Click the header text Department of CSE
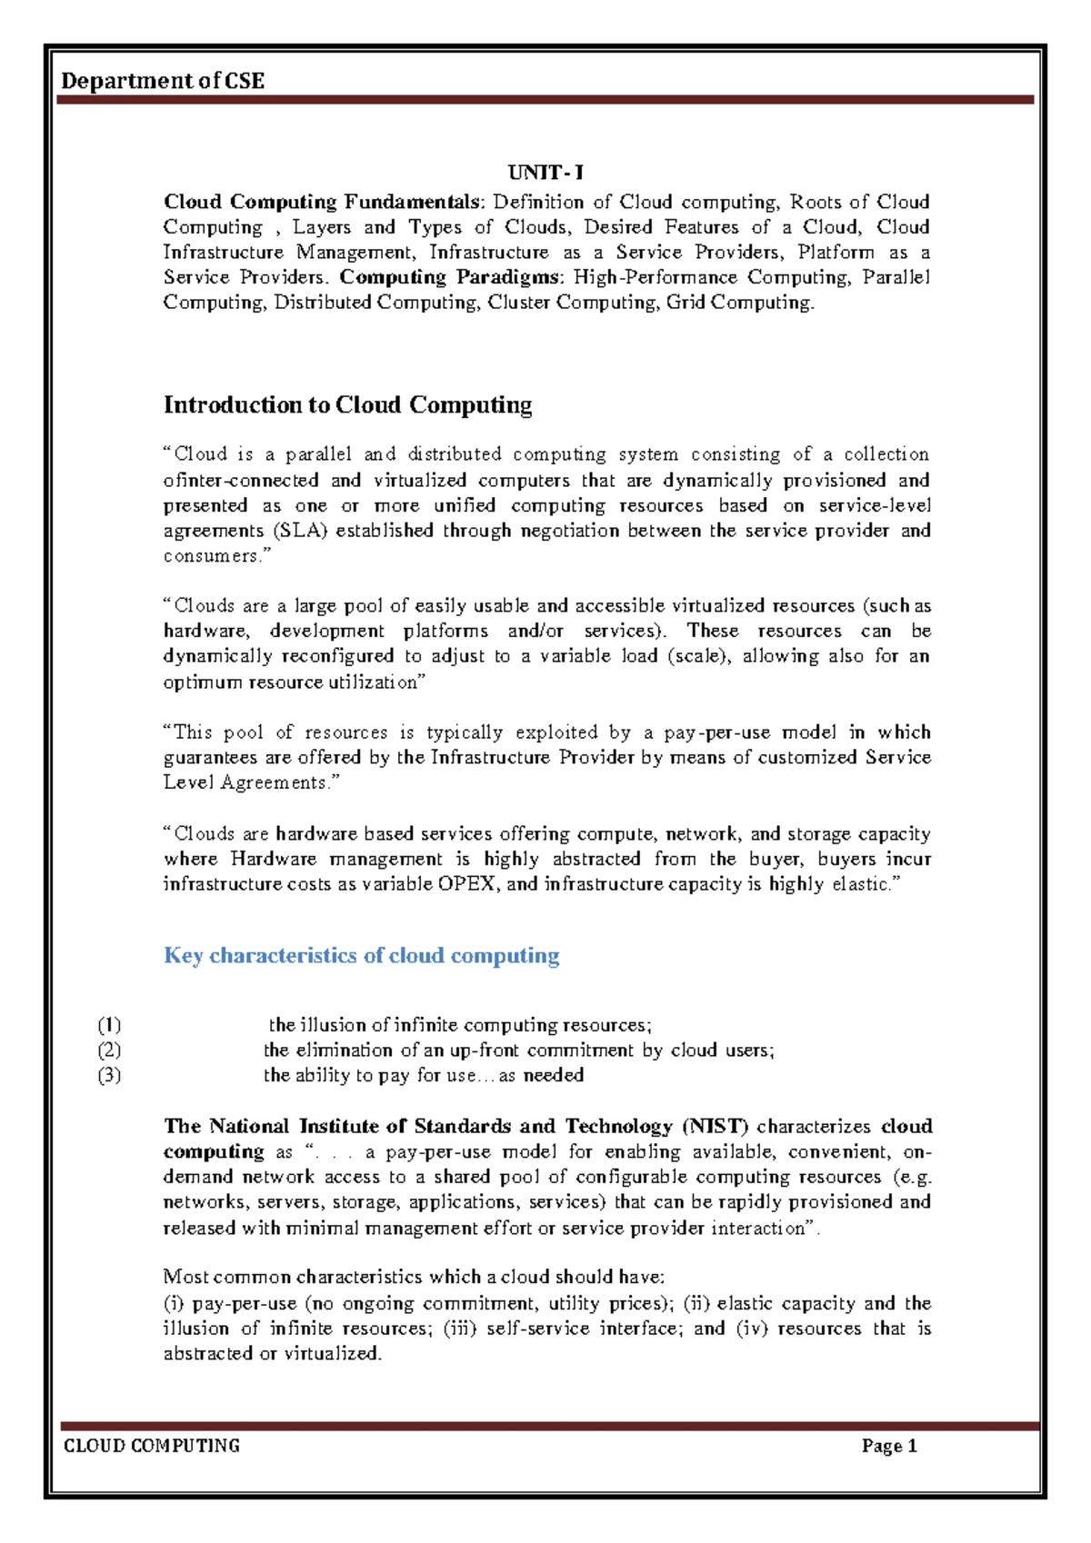tap(163, 82)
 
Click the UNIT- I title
tap(545, 173)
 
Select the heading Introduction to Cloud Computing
tap(347, 405)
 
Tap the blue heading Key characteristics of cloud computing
tap(361, 955)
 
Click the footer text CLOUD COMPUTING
tap(151, 1446)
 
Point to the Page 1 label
tap(888, 1447)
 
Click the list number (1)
tap(109, 1025)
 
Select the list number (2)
tap(109, 1050)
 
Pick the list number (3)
tap(109, 1076)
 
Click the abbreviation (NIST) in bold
tap(716, 1127)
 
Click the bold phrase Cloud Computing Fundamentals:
tap(325, 202)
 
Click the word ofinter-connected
tap(241, 481)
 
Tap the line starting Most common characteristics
tap(414, 1277)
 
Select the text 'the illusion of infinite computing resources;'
tap(460, 1025)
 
